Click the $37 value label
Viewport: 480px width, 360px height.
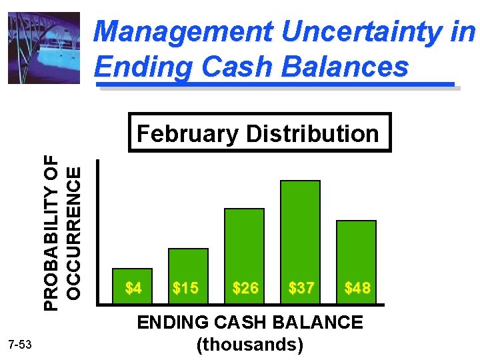click(301, 289)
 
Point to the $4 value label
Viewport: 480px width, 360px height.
click(133, 289)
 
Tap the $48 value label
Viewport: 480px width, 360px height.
click(357, 289)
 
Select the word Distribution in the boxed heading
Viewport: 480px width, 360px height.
click(312, 134)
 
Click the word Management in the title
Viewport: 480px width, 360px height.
click(183, 32)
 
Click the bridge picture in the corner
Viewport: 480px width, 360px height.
click(43, 48)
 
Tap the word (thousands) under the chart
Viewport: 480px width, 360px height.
click(250, 345)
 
